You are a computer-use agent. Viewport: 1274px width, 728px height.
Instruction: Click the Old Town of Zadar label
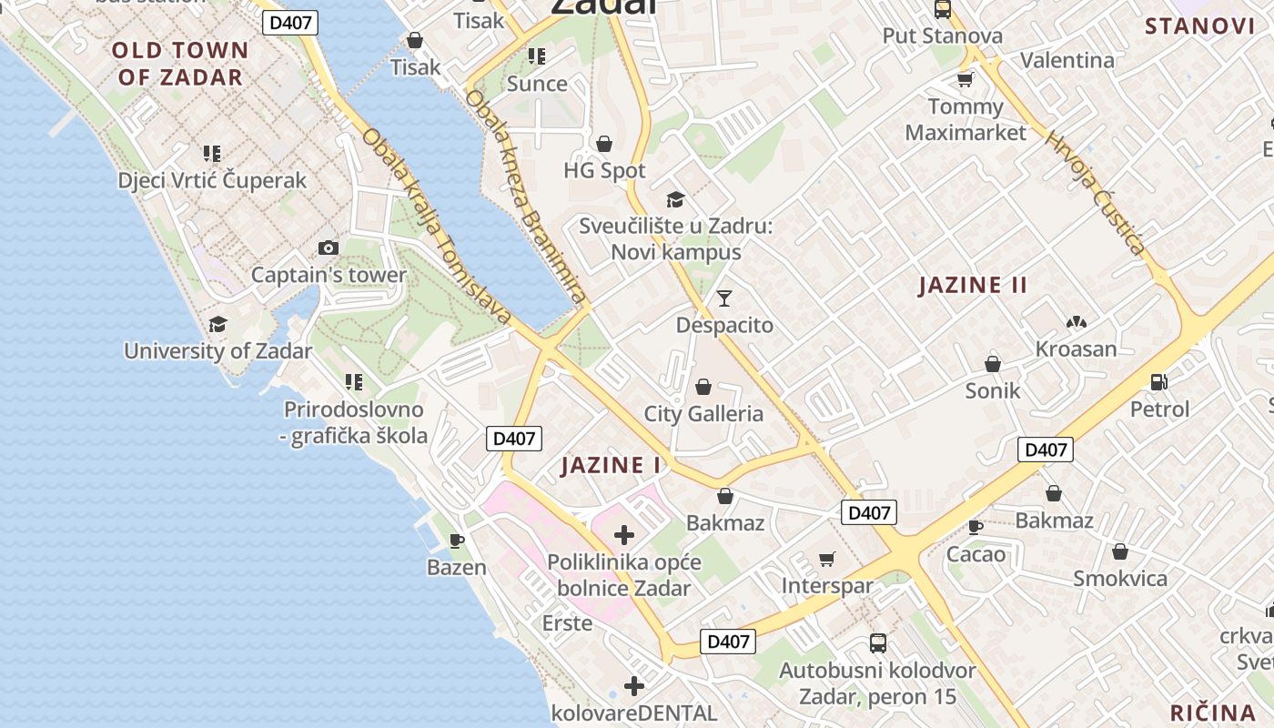pos(180,63)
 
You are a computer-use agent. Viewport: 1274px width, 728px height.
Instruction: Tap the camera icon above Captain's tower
pos(329,248)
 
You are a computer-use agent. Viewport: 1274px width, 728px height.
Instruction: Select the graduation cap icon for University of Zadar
pos(217,325)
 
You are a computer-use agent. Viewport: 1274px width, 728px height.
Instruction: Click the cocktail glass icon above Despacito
pos(724,298)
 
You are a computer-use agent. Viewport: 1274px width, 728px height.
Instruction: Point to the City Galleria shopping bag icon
pos(703,387)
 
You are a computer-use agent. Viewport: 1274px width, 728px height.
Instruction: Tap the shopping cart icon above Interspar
pos(826,559)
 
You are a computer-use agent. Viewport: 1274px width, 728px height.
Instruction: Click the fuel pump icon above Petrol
pos(1159,382)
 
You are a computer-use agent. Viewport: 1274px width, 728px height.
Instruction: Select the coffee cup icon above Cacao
pos(976,527)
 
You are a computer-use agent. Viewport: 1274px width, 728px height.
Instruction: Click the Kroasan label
pos(1076,349)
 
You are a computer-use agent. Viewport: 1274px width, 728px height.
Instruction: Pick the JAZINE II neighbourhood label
pos(973,285)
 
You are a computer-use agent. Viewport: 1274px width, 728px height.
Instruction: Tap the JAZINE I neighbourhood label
pos(611,465)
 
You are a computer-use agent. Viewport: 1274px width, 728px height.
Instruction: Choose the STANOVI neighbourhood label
pos(1199,25)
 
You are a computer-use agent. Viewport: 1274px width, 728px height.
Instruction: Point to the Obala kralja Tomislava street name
pos(437,226)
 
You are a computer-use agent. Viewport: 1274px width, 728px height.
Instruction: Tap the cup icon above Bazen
pos(457,541)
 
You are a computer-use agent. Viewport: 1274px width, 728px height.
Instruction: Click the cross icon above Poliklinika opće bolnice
pos(624,534)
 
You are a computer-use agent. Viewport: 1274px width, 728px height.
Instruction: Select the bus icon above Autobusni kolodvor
pos(878,643)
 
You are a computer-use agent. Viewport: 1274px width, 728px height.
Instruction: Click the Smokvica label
pos(1119,579)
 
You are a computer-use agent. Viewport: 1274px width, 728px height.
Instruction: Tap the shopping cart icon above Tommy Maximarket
pos(965,80)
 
